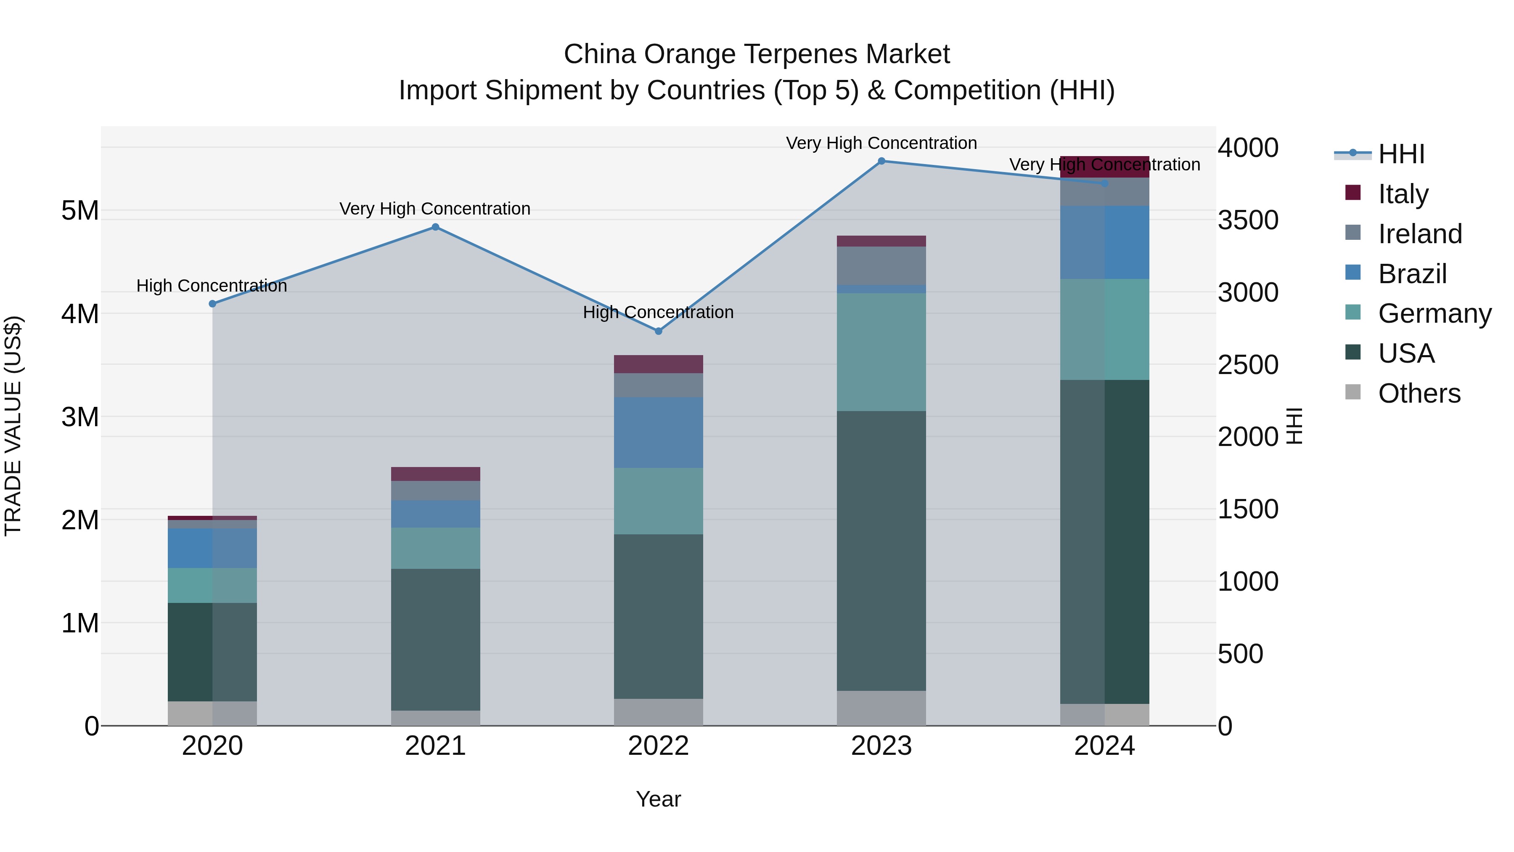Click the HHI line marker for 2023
click(x=881, y=161)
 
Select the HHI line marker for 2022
click(x=658, y=331)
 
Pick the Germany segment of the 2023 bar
click(x=881, y=352)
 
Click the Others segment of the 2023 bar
click(x=881, y=708)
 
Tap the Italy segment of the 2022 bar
click(x=658, y=364)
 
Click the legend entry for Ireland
click(x=1419, y=234)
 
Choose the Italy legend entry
click(x=1402, y=194)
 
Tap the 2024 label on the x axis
click(x=1104, y=746)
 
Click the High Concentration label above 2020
click(x=212, y=286)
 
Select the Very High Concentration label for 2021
click(x=435, y=209)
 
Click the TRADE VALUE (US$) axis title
click(x=13, y=426)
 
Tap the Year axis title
click(x=658, y=799)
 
